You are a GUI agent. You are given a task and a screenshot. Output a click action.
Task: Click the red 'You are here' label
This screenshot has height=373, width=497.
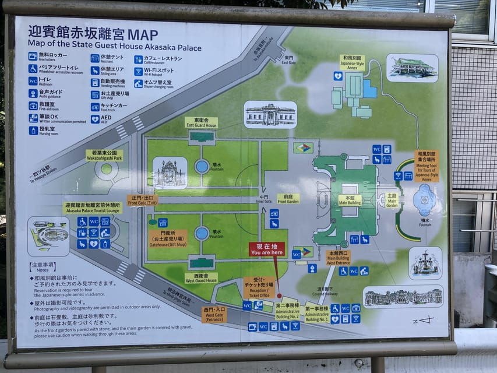[267, 249]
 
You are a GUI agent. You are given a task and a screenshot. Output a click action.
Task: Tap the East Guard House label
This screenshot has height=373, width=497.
[201, 122]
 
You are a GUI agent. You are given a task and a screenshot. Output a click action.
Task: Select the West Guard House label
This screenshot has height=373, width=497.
[201, 277]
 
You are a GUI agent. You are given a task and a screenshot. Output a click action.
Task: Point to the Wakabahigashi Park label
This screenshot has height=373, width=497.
[104, 156]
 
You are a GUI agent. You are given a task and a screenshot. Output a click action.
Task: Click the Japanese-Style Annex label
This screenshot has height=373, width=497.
[352, 62]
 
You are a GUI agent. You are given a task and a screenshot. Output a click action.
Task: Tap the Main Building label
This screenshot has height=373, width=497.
[350, 200]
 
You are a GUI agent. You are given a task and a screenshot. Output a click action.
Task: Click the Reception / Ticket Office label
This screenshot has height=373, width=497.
[259, 287]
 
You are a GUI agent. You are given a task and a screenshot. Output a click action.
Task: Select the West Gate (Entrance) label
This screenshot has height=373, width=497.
[214, 314]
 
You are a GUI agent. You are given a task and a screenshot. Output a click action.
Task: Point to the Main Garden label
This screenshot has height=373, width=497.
[392, 200]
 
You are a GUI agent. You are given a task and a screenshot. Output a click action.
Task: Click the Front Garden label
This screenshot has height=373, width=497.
[288, 199]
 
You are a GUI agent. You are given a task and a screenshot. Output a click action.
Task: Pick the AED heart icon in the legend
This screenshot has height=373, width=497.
[95, 119]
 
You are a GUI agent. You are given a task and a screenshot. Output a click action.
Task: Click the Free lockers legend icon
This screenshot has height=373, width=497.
[33, 56]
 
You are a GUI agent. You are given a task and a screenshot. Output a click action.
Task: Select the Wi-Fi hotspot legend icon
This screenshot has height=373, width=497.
[139, 71]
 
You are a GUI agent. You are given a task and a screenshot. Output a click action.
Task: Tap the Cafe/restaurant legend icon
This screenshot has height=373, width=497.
[139, 59]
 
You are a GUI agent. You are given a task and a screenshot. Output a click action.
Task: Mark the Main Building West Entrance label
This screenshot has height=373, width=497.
[338, 258]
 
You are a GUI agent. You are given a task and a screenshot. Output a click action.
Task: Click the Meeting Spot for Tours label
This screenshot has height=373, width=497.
[426, 166]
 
